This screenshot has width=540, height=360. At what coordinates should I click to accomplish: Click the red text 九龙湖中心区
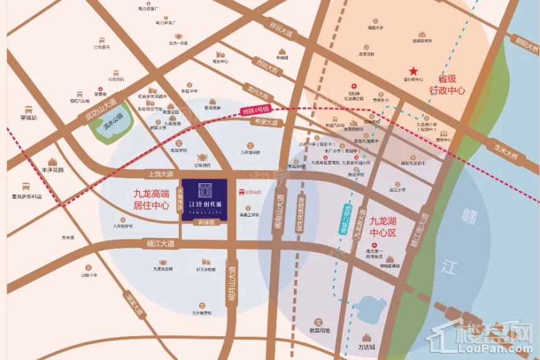383,226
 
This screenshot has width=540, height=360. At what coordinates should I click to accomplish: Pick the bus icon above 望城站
28,109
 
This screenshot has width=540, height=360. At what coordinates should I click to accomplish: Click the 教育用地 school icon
318,322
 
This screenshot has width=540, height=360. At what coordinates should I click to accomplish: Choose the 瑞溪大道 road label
134,306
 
